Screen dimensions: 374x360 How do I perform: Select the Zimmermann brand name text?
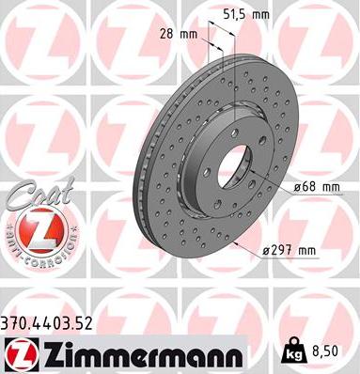[135, 353]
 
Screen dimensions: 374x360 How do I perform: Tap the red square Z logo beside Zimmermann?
[18, 354]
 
